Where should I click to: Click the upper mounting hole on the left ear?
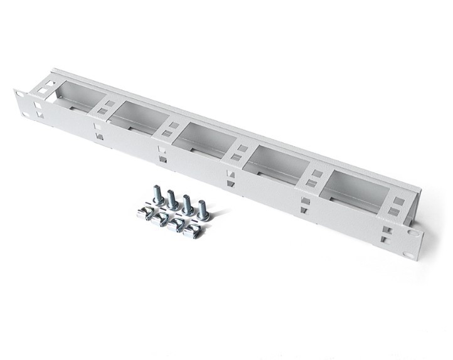click(19, 95)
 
